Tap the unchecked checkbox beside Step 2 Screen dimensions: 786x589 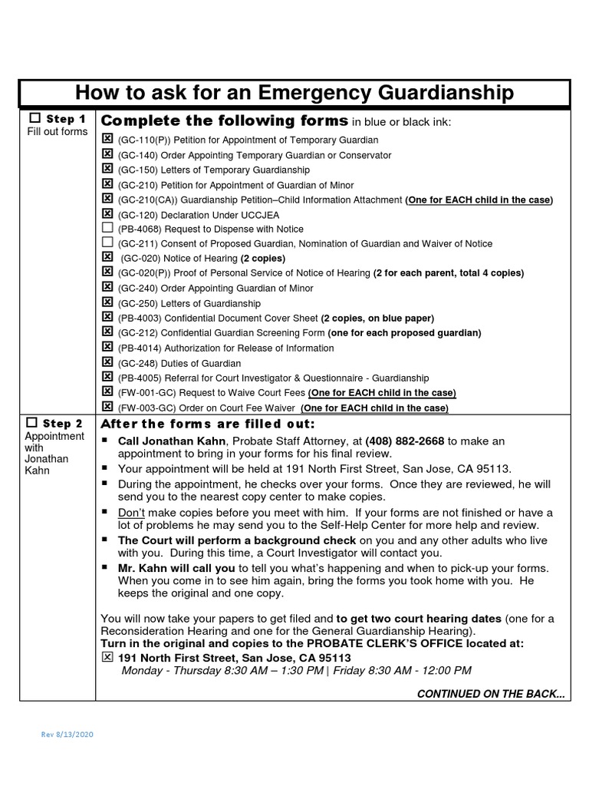[x=31, y=423]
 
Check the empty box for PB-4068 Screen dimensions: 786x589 [x=107, y=229]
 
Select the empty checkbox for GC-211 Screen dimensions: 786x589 [x=107, y=243]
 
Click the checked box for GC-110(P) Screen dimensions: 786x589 [x=107, y=140]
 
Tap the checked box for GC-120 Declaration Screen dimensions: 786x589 [x=107, y=213]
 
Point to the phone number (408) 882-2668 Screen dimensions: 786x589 [x=404, y=441]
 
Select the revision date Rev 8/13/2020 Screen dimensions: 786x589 [x=67, y=735]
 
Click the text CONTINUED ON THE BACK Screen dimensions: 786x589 [x=491, y=694]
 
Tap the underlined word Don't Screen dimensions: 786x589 [x=132, y=512]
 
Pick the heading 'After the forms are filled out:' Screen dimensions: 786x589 [x=208, y=424]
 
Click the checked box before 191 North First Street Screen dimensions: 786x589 [x=107, y=658]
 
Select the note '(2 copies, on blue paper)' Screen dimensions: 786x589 [x=377, y=319]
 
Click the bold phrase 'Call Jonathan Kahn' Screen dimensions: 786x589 [x=172, y=441]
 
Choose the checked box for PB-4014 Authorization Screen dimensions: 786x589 [x=107, y=348]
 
